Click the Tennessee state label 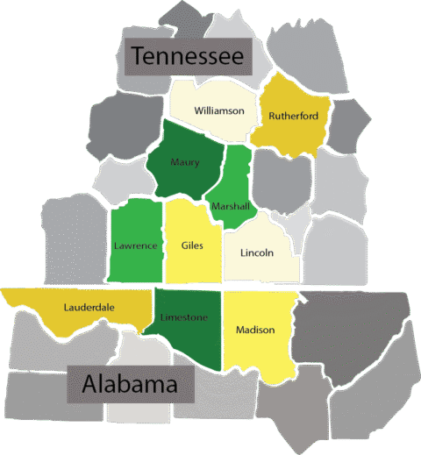(x=187, y=57)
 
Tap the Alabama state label (x=130, y=384)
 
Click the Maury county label (x=185, y=162)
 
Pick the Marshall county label (x=231, y=206)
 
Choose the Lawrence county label (x=135, y=245)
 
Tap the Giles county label (x=192, y=245)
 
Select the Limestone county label (x=185, y=316)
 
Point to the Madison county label (x=255, y=330)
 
